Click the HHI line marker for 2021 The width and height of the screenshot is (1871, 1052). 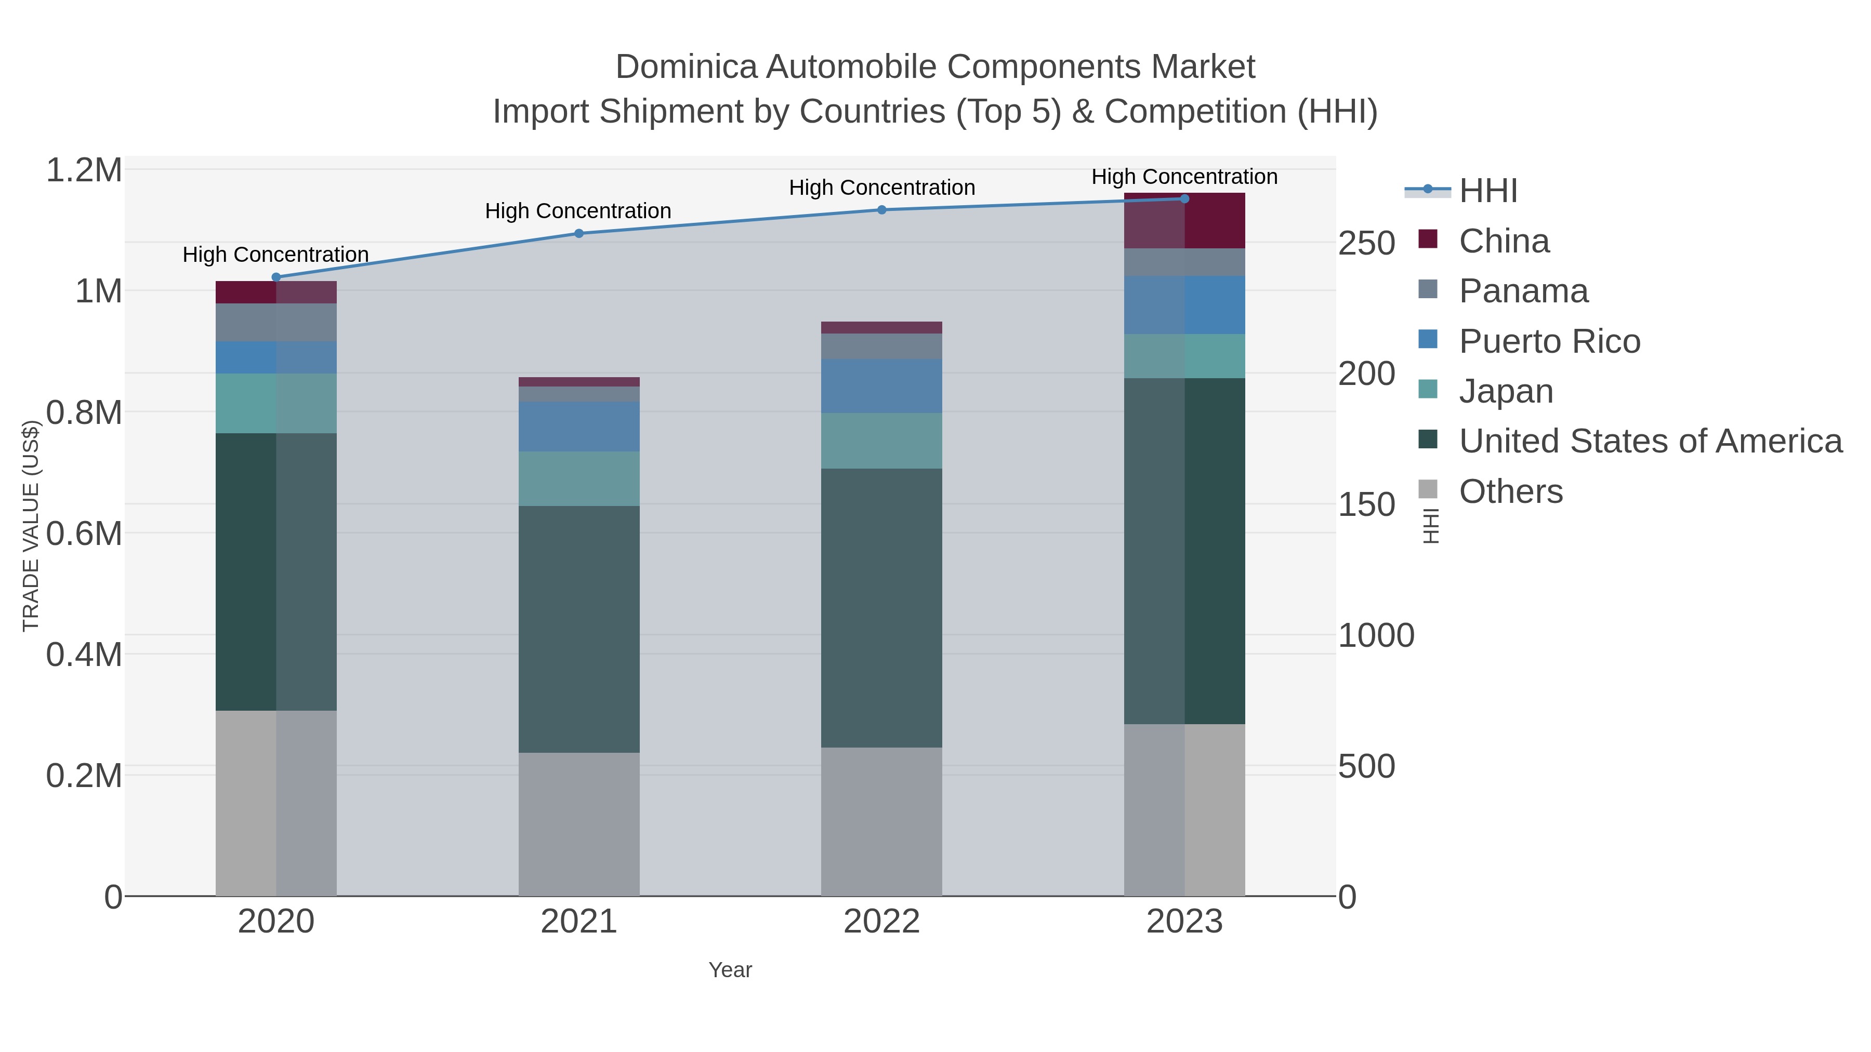(x=579, y=233)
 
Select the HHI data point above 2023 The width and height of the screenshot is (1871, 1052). (x=1184, y=198)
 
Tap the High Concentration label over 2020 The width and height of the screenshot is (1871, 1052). (x=275, y=255)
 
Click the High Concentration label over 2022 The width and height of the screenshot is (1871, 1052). (x=882, y=188)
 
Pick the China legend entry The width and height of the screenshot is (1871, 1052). (x=1504, y=241)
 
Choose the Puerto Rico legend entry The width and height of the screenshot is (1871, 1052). (x=1549, y=341)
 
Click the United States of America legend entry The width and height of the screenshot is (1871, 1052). (x=1650, y=442)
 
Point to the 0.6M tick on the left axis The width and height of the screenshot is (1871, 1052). (x=84, y=534)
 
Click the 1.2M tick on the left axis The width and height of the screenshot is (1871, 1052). (x=84, y=170)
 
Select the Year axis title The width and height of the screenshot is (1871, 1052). (x=730, y=970)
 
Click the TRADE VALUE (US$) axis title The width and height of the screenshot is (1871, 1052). (x=31, y=526)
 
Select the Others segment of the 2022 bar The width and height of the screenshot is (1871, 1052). (x=882, y=821)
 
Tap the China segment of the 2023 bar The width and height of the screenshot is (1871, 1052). (x=1184, y=221)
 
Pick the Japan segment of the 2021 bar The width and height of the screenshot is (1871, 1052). (x=579, y=478)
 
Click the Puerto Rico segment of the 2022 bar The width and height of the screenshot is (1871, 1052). (x=882, y=385)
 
